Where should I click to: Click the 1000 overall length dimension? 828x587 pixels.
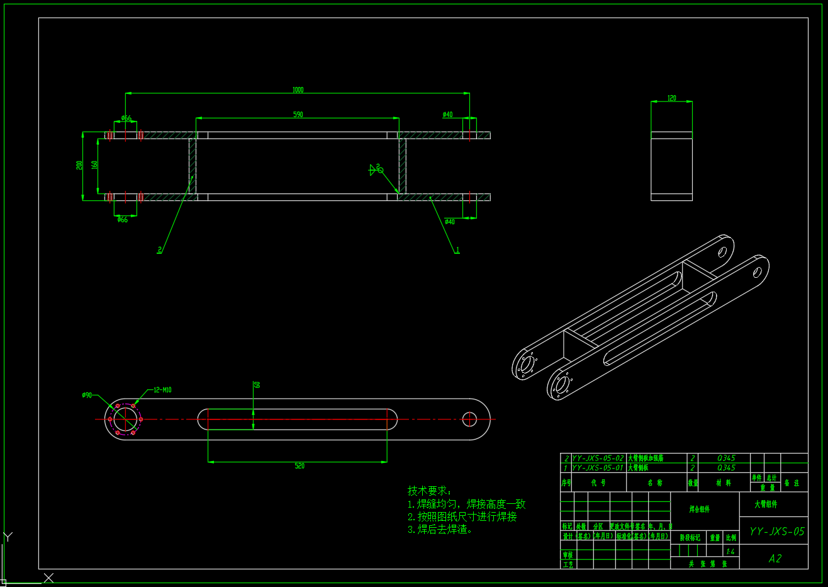(298, 90)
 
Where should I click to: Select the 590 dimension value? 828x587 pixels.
(298, 115)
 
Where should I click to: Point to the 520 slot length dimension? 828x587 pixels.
(299, 466)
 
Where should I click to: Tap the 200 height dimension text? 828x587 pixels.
(79, 165)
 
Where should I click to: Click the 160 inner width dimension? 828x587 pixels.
(94, 165)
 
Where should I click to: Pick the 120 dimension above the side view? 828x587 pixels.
(671, 98)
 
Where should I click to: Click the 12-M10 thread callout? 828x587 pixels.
(162, 390)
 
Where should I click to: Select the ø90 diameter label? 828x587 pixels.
(87, 396)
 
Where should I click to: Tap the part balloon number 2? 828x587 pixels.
(160, 250)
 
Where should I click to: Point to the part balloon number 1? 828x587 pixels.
(457, 250)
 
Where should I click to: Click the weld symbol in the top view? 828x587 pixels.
(376, 169)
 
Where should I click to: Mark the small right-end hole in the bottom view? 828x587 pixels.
(469, 418)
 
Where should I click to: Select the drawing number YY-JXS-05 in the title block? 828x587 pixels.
(776, 532)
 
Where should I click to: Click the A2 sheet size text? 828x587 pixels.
(775, 559)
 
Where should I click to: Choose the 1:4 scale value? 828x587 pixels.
(730, 552)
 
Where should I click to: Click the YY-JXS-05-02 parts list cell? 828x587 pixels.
(598, 459)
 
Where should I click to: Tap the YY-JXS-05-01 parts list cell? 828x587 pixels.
(598, 468)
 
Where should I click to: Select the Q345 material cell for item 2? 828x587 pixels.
(725, 459)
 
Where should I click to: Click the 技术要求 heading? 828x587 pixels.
(430, 491)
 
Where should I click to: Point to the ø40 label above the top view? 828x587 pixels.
(447, 115)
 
